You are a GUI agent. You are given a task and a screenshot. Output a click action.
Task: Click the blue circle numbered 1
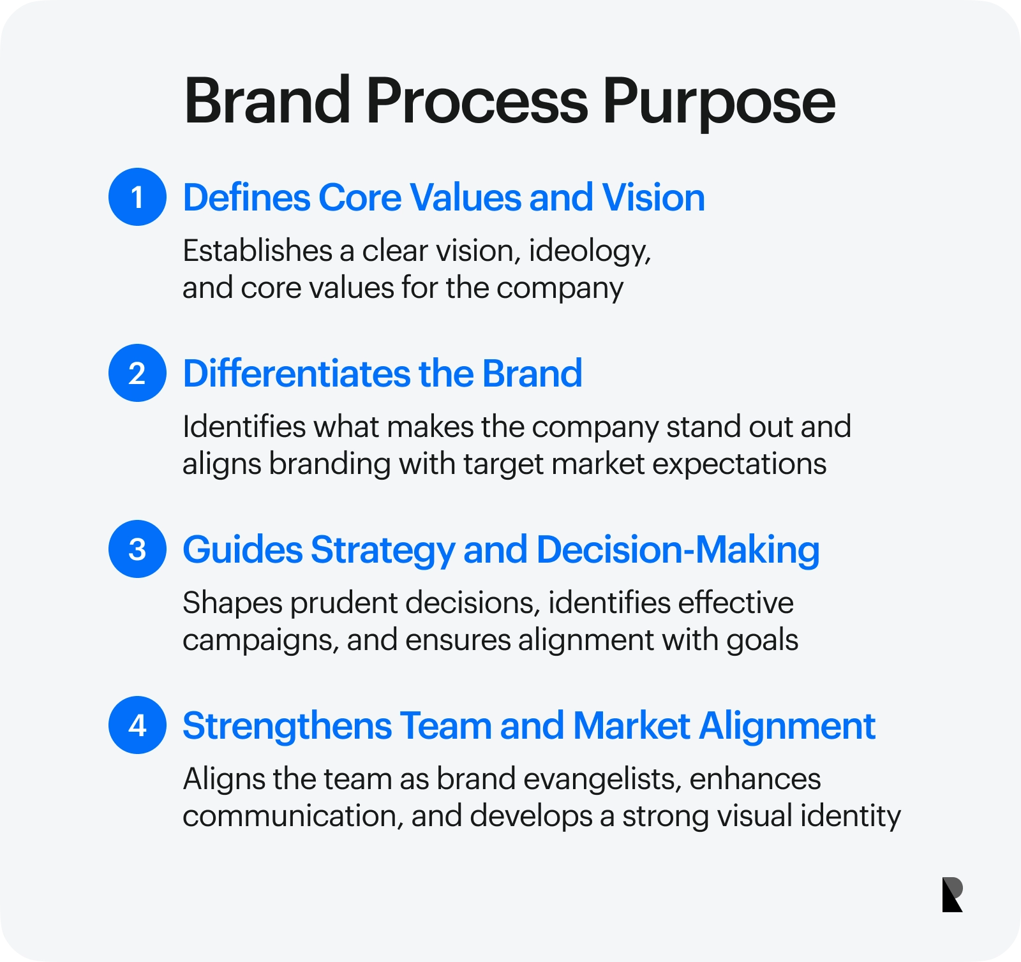pyautogui.click(x=137, y=197)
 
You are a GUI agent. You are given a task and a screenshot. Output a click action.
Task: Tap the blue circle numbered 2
pyautogui.click(x=137, y=373)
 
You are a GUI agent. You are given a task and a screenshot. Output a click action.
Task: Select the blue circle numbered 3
pyautogui.click(x=137, y=549)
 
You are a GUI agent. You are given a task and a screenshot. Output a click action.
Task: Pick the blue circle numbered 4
pyautogui.click(x=137, y=725)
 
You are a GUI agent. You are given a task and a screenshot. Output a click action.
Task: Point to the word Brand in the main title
pyautogui.click(x=267, y=100)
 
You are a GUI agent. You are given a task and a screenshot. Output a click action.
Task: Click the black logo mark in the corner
pyautogui.click(x=952, y=894)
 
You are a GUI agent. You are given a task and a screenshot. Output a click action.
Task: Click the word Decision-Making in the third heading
pyautogui.click(x=678, y=551)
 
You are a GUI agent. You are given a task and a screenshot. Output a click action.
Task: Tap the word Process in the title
pyautogui.click(x=477, y=100)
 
